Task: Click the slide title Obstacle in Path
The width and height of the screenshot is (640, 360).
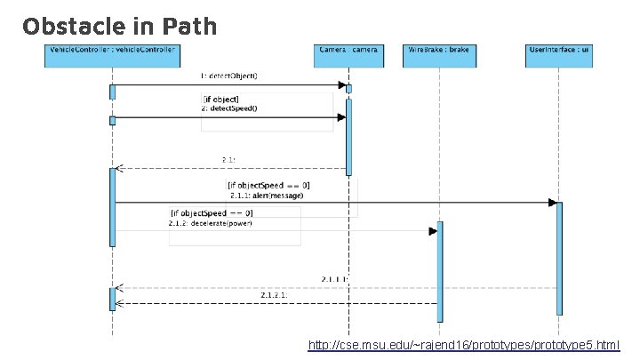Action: coord(120,27)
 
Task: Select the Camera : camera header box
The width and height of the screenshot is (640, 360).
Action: coord(348,50)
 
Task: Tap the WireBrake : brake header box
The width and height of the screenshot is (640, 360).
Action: coord(438,50)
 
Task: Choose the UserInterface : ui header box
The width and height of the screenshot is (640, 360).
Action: coord(558,50)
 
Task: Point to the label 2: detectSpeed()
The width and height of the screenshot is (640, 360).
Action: coord(229,108)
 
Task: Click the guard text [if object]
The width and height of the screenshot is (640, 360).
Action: coord(221,99)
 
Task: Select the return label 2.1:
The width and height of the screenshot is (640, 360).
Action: coord(228,160)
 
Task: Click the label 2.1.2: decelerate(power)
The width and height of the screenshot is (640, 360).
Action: coord(212,223)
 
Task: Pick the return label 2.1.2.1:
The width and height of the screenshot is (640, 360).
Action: coord(274,294)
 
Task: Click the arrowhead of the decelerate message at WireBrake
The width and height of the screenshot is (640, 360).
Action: coord(433,231)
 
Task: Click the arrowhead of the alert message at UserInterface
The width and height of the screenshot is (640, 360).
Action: coord(551,203)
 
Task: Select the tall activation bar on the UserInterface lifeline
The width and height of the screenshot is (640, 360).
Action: coord(559,258)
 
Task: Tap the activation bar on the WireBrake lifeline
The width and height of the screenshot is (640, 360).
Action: coord(439,271)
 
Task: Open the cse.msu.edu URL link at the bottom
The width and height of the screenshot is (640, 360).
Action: coord(463,344)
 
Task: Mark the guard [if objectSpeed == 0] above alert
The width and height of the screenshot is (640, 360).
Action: coord(268,186)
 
